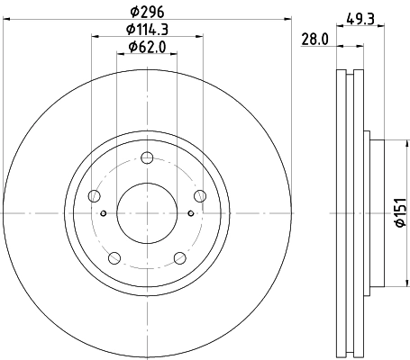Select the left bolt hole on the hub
click(95, 197)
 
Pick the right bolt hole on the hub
click(199, 197)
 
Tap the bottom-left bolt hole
click(114, 259)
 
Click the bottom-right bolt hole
click(179, 259)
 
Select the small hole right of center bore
click(190, 213)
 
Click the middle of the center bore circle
click(147, 212)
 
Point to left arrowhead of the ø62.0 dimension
click(121, 53)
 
